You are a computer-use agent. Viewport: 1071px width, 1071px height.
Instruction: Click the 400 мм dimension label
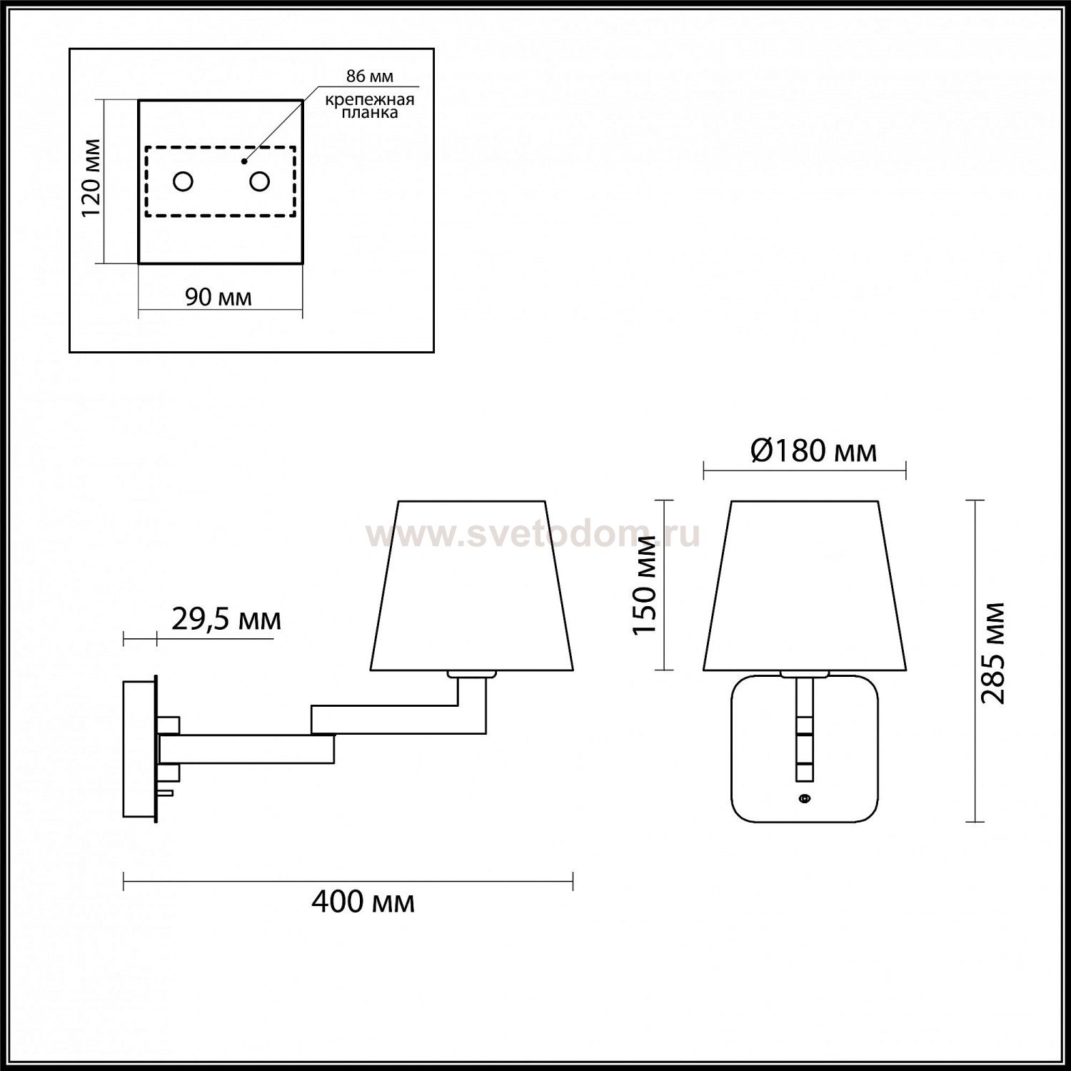click(363, 902)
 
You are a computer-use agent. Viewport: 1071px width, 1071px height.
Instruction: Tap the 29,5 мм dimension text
click(226, 620)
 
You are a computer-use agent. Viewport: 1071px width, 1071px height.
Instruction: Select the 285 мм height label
click(992, 653)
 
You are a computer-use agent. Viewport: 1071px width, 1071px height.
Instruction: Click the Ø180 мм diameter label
click(814, 451)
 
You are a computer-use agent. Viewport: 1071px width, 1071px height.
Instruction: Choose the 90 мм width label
click(218, 297)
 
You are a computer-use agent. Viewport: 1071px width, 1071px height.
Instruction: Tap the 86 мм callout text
click(370, 76)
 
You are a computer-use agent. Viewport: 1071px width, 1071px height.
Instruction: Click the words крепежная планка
click(370, 106)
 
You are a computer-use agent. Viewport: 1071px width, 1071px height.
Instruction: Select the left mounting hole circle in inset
click(183, 181)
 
